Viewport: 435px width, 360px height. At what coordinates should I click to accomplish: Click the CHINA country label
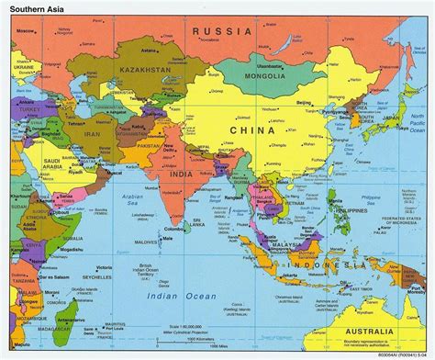[x=260, y=130]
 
